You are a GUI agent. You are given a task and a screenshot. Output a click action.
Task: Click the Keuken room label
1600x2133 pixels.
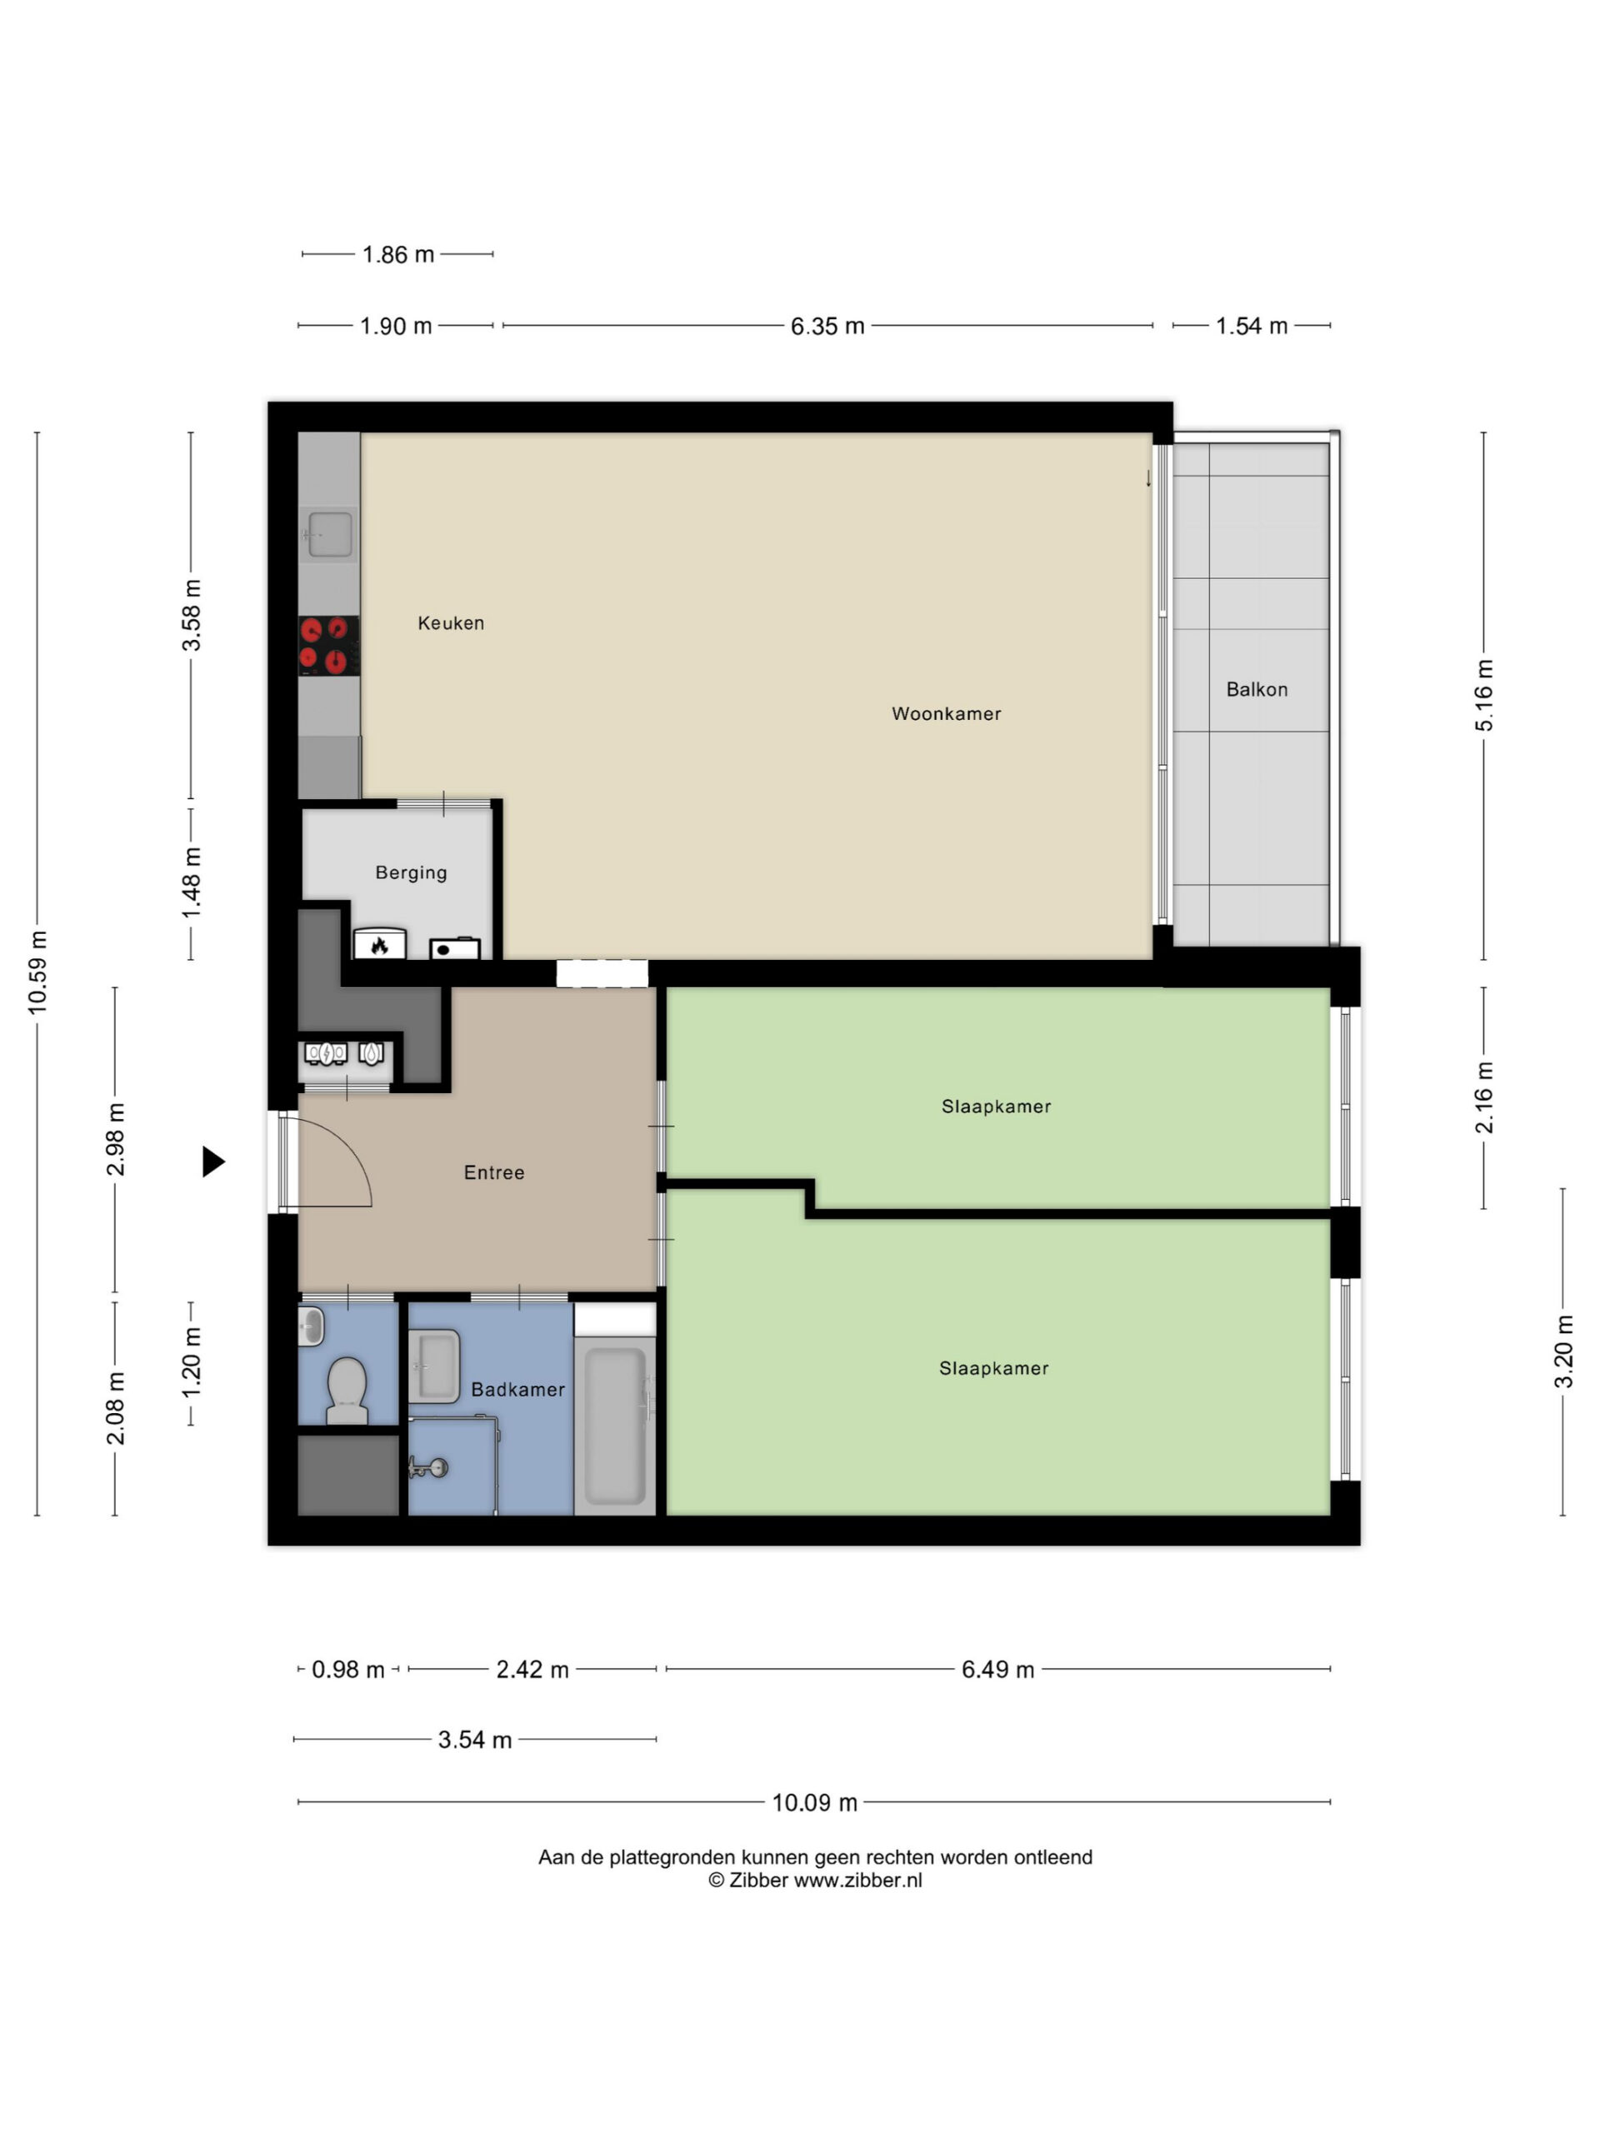click(x=450, y=623)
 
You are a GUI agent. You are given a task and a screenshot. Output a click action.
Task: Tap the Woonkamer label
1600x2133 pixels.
click(x=945, y=713)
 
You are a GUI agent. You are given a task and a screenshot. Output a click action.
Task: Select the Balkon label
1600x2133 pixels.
click(x=1256, y=689)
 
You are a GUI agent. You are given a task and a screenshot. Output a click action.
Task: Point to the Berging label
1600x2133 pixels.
click(x=411, y=872)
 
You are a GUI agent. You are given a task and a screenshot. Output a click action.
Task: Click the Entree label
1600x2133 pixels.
click(x=494, y=1172)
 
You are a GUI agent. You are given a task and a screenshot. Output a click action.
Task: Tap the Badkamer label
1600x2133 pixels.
click(x=517, y=1390)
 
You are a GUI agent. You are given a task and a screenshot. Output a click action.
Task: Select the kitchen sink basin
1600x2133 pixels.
click(x=330, y=534)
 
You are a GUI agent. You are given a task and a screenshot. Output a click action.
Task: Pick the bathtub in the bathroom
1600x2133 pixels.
click(x=614, y=1426)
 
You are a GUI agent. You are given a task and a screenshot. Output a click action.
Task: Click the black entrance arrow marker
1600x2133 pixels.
click(x=213, y=1162)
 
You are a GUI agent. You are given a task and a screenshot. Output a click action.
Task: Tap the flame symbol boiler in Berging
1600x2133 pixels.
click(x=379, y=944)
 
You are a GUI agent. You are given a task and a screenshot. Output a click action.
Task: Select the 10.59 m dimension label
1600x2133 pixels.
click(x=37, y=972)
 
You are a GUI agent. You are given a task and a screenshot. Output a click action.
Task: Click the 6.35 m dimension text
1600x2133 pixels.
click(x=827, y=326)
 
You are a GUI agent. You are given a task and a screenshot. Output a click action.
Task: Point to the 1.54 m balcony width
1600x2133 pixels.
click(x=1251, y=326)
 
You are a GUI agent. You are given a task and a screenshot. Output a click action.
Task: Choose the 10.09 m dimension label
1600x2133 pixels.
click(x=814, y=1802)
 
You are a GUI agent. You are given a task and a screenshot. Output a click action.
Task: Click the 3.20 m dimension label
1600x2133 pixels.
click(x=1563, y=1351)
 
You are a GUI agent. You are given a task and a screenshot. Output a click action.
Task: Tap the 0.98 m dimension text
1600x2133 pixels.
click(x=347, y=1669)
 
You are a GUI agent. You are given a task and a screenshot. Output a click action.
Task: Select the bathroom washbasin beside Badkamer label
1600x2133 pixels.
click(x=434, y=1366)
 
